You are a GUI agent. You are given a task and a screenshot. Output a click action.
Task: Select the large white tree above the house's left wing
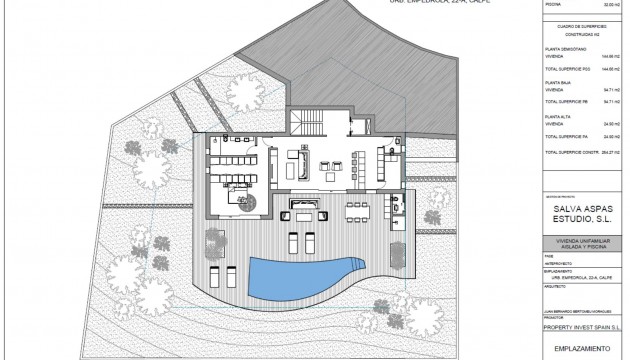point(239,96)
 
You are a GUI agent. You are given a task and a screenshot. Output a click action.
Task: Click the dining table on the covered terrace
point(358,212)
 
